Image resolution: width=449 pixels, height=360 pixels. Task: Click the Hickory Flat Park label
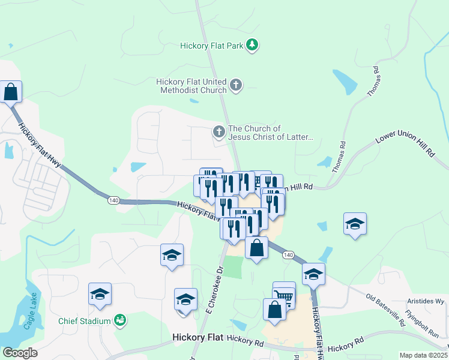tap(213, 46)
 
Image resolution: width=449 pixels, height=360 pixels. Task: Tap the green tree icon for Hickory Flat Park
tap(253, 45)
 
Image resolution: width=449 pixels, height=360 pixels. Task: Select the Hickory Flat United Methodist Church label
tap(191, 86)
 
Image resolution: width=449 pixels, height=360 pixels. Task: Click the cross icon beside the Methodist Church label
tap(236, 85)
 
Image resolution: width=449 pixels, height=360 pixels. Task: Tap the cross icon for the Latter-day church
tap(219, 131)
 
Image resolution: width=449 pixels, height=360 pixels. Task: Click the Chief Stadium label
tap(85, 320)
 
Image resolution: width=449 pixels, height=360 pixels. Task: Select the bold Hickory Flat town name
tap(197, 338)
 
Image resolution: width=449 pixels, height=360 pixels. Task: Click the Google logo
tap(20, 353)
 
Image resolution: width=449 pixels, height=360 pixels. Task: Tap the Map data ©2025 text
tap(424, 355)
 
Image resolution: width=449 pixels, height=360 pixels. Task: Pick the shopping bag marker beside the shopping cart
tap(274, 309)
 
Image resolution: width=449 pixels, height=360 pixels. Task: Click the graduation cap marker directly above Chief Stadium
tap(100, 293)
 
